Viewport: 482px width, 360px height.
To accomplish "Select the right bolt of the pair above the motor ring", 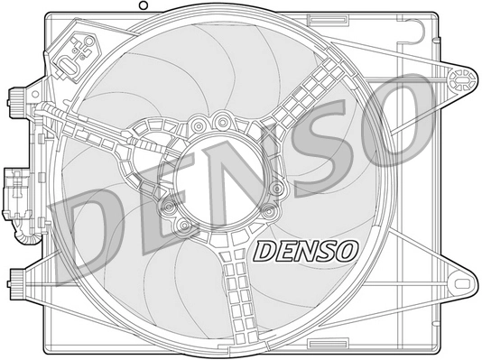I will click(x=220, y=117).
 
